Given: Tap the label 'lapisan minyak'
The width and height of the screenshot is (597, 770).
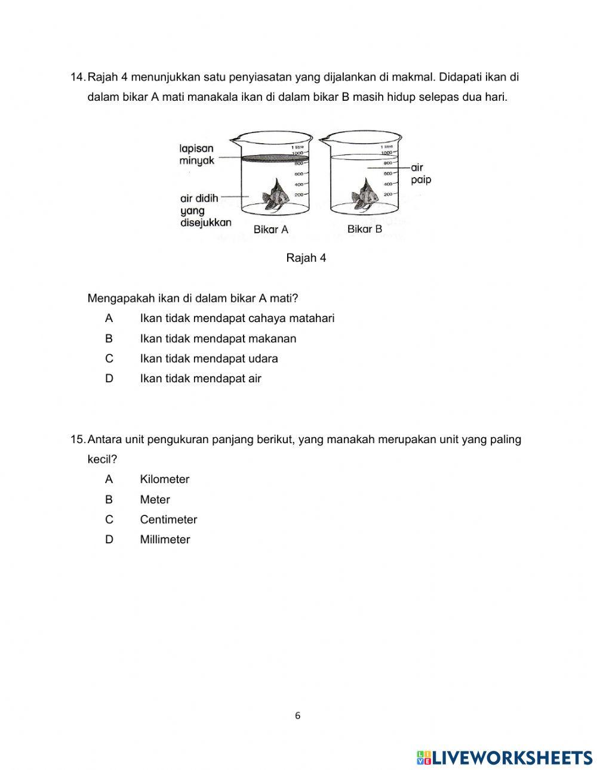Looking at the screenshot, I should (196, 154).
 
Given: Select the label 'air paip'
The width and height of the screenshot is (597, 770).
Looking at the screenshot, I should (421, 174).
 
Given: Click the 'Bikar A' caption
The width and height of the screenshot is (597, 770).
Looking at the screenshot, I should (270, 229).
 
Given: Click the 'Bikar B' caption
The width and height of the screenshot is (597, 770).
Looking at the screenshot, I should (365, 229).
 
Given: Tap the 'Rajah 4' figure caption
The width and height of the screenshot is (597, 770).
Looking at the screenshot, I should (306, 258).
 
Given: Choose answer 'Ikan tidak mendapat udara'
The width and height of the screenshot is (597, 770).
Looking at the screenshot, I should (209, 358).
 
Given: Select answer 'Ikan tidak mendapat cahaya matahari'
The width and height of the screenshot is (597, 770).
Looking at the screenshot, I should (237, 318).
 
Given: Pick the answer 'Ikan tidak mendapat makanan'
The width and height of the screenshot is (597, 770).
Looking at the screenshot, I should (218, 338).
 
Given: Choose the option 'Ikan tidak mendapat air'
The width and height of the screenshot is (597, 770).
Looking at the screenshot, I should (201, 378).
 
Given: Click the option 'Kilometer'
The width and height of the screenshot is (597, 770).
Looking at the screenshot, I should (165, 479).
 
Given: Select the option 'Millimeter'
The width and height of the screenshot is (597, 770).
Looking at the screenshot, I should (165, 539).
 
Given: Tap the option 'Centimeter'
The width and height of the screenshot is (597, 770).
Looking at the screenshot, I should (168, 519).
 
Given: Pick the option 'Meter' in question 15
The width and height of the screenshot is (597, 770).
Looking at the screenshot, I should (155, 500).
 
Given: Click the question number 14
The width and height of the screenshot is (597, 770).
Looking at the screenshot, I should (78, 77).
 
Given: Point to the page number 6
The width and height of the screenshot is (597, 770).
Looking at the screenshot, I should (298, 716).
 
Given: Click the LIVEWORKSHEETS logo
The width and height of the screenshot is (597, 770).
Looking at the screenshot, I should (504, 757).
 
